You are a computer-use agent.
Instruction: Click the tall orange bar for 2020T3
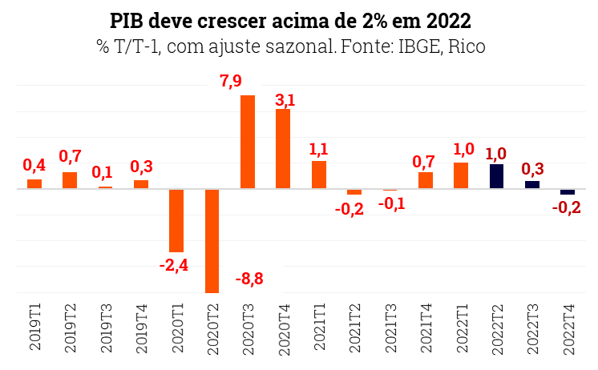coord(248,142)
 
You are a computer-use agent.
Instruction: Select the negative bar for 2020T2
coord(212,240)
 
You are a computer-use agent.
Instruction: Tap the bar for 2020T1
coord(176,220)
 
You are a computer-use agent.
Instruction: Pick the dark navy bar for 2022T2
coord(496,176)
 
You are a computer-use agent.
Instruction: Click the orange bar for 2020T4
coord(283,149)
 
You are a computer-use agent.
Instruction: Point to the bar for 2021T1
coord(319,175)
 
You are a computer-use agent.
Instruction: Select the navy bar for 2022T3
coord(531,184)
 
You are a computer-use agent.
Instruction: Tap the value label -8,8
coord(249,280)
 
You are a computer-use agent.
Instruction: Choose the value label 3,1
coord(285,99)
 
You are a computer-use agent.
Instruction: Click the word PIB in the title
coord(127,19)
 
